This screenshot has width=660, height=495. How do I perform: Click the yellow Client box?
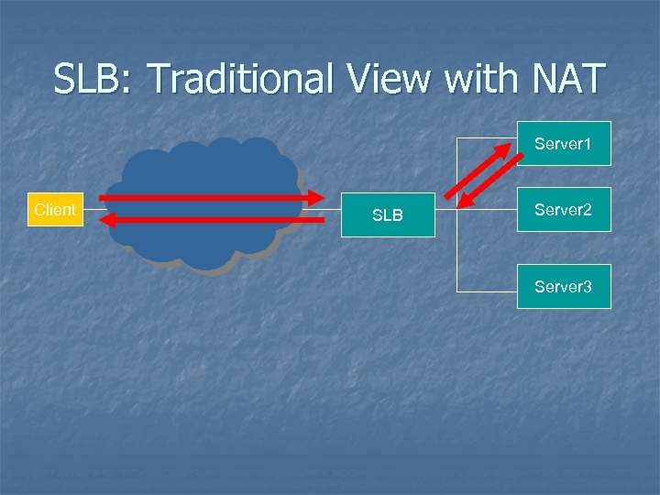point(54,210)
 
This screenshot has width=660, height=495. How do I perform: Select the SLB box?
point(388,215)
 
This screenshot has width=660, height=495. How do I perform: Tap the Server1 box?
point(564,144)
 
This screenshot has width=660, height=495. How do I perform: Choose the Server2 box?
point(564,210)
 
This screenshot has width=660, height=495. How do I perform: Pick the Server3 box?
point(564,287)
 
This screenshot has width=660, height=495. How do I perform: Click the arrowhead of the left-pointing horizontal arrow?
point(107,220)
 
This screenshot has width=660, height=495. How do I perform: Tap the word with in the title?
point(481,79)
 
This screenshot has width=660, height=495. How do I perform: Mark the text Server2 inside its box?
point(564,210)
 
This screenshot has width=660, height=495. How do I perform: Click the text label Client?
point(54,210)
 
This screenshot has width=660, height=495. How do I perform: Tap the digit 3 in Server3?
point(587,287)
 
